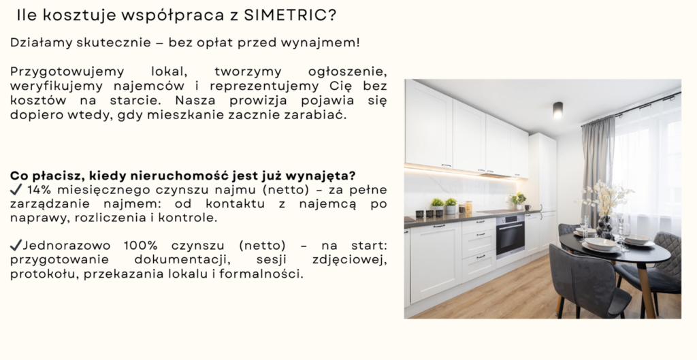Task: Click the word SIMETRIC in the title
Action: click(290, 15)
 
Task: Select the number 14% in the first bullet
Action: click(39, 190)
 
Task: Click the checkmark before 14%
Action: click(16, 190)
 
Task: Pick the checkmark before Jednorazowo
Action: click(16, 246)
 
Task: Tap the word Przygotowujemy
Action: click(67, 72)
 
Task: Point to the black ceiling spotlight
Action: click(558, 110)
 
